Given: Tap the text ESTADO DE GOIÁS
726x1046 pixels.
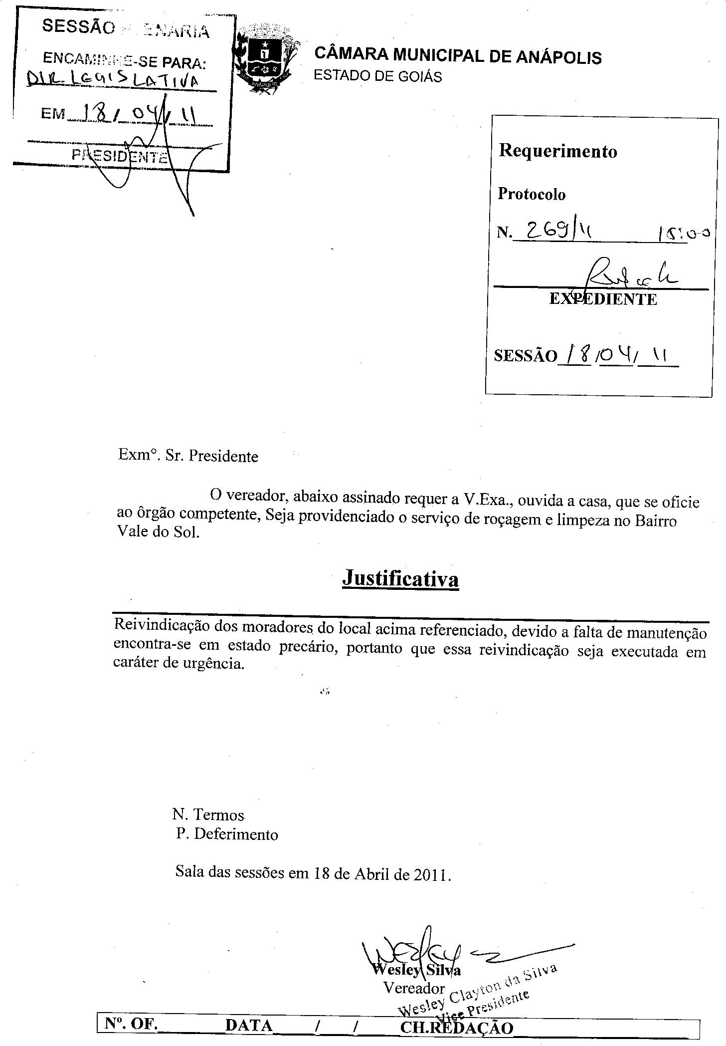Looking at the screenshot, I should tap(377, 77).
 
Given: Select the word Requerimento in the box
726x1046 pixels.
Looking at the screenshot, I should tap(558, 151).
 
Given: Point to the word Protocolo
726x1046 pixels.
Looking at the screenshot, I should tap(532, 194).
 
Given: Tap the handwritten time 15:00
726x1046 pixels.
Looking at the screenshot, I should tap(683, 233).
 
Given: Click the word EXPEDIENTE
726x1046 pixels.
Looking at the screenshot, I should tap(603, 299).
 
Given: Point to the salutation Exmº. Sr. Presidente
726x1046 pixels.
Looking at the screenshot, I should tap(188, 456).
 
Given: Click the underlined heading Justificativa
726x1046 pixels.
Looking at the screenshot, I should tap(400, 579).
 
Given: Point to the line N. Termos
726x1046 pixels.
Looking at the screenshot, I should tap(208, 814).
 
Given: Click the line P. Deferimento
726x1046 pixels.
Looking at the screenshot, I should tap(227, 834).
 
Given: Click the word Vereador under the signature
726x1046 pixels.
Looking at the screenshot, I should tap(414, 988).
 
